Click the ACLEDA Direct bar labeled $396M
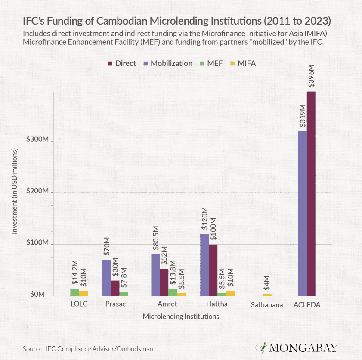point(311,194)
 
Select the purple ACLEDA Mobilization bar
point(303,214)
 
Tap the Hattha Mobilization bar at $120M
point(204,265)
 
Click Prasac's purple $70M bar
point(106,278)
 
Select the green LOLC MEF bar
point(75,292)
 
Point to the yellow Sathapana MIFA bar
point(267,295)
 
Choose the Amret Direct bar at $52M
point(164,282)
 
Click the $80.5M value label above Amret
point(155,238)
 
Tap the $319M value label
point(303,115)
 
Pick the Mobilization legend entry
point(169,63)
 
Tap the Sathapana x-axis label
point(267,305)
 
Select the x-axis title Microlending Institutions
point(181,317)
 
